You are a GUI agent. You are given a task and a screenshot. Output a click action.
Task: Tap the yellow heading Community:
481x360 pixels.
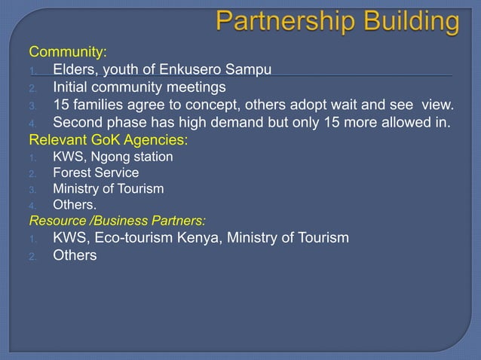pyautogui.click(x=68, y=53)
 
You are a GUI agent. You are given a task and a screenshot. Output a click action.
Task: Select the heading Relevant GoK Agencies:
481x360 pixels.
pyautogui.click(x=109, y=140)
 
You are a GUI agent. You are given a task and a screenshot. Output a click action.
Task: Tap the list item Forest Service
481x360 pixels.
pyautogui.click(x=96, y=172)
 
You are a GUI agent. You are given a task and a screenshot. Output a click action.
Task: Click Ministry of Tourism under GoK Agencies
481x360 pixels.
pyautogui.click(x=108, y=188)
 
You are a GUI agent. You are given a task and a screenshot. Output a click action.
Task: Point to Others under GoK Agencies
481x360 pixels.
pyautogui.click(x=75, y=204)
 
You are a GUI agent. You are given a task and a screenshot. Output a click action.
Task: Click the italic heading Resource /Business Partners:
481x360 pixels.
pyautogui.click(x=118, y=221)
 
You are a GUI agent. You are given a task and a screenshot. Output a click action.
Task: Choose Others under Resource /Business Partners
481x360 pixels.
pyautogui.click(x=75, y=256)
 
